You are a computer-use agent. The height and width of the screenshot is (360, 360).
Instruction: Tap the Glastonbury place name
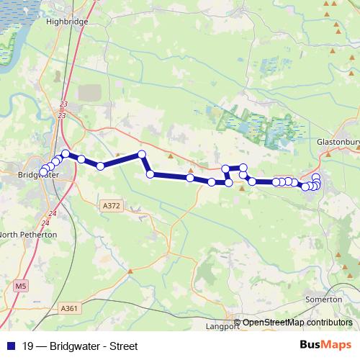(338, 143)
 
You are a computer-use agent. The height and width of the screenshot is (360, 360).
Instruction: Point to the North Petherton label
(29, 235)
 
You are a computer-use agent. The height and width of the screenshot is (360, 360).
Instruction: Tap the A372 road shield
(111, 206)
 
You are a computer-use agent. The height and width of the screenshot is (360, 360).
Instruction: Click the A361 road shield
(68, 308)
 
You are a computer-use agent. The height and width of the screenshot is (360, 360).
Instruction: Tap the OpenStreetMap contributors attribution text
(297, 323)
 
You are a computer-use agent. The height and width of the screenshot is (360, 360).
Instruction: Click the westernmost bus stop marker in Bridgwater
(42, 172)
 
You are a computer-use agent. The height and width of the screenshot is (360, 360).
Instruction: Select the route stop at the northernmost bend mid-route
(142, 154)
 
